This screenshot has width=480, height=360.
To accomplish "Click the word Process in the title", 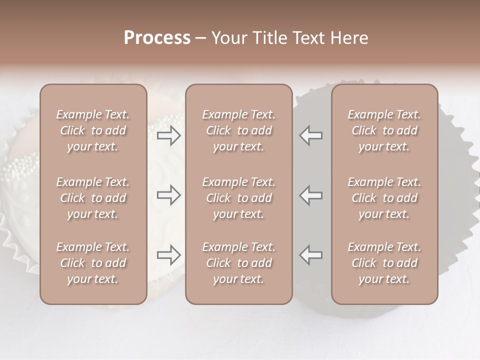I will coord(157,37).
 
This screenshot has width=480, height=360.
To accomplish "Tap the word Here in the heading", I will coord(348,38).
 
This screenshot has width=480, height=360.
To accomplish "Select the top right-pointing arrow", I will coord(169,135).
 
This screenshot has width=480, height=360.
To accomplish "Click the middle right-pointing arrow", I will coord(169,195).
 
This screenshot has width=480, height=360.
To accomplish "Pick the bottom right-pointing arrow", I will coord(169,255).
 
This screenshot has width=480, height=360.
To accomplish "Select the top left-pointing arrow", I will coord(311,135).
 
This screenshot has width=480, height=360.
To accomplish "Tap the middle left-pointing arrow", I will coord(311,195).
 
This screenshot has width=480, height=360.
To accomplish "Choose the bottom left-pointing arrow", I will coord(311,255).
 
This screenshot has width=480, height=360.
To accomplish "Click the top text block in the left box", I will coord(93,130).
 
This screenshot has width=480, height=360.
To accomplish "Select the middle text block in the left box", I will coord(93,198).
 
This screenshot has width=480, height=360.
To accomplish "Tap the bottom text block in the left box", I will coord(93,263).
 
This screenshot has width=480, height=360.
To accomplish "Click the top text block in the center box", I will coord(238,130).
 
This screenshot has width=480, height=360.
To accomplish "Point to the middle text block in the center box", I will coord(238,198).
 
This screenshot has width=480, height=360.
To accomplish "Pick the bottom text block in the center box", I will coord(238,263).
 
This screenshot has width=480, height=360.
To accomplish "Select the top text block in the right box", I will coord(384,130).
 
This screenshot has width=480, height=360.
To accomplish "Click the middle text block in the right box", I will coord(384,198).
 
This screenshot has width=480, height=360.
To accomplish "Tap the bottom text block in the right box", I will coord(384,263).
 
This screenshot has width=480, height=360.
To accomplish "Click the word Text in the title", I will coord(307,38).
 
